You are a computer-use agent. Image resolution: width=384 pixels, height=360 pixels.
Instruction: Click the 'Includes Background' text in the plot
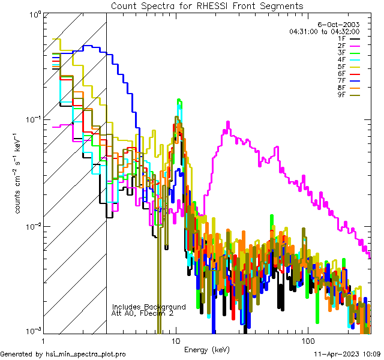click(149, 307)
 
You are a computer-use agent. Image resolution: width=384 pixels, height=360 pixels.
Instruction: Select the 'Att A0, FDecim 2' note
click(143, 313)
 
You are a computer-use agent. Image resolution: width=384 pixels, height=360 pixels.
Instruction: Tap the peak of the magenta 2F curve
click(228, 122)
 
